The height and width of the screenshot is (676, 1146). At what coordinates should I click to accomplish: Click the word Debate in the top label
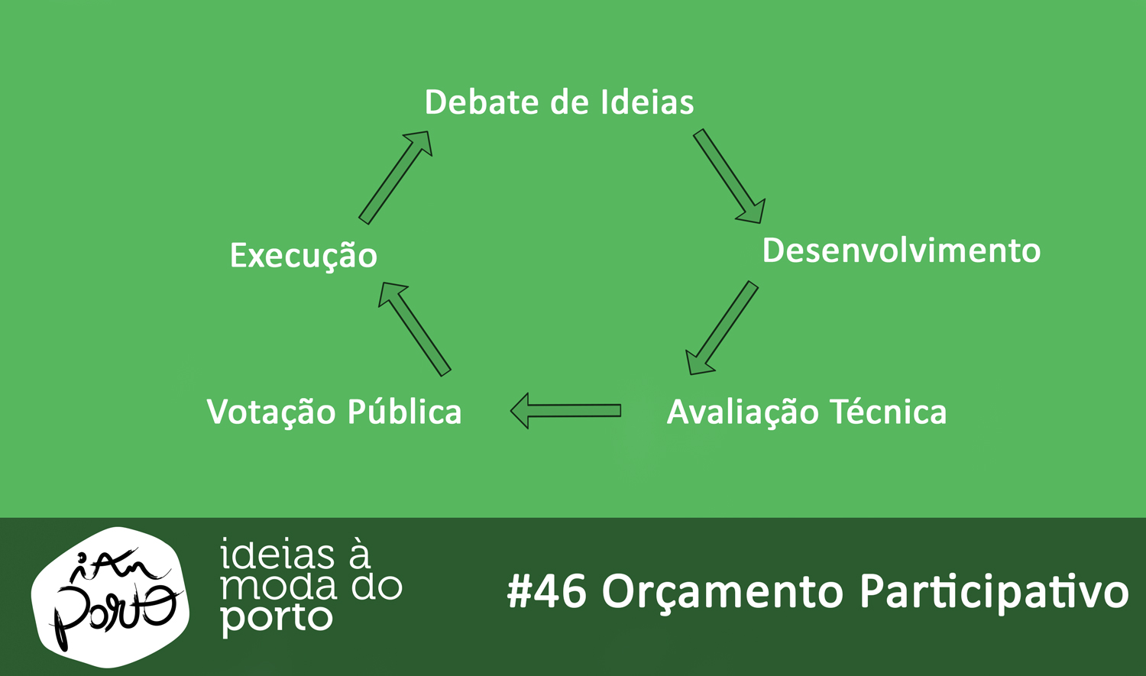(483, 102)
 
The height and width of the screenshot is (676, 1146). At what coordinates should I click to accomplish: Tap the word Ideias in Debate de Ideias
(646, 102)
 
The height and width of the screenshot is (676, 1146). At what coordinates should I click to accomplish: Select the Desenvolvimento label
(902, 251)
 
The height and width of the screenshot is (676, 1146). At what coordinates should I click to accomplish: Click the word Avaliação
(743, 412)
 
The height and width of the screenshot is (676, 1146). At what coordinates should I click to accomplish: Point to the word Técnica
(889, 411)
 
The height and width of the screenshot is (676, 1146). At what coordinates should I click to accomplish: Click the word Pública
(405, 411)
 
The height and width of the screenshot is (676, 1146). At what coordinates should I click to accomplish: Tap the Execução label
(303, 256)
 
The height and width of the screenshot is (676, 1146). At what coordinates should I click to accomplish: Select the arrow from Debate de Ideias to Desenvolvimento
(730, 176)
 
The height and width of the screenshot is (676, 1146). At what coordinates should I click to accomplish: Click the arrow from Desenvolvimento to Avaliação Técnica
(722, 328)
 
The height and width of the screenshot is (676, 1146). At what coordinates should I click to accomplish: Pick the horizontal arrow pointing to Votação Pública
(566, 411)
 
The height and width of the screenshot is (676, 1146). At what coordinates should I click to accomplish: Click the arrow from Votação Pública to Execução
(414, 329)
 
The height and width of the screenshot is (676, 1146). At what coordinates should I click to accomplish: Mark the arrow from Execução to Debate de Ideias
(396, 177)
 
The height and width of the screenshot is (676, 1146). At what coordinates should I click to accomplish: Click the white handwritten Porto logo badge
(110, 597)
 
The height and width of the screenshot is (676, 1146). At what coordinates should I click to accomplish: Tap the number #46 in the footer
(546, 592)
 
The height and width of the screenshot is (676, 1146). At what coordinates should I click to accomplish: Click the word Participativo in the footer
(994, 592)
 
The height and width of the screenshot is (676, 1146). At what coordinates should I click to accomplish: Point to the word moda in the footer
(279, 587)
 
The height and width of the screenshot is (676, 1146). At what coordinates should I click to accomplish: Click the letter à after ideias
(359, 554)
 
